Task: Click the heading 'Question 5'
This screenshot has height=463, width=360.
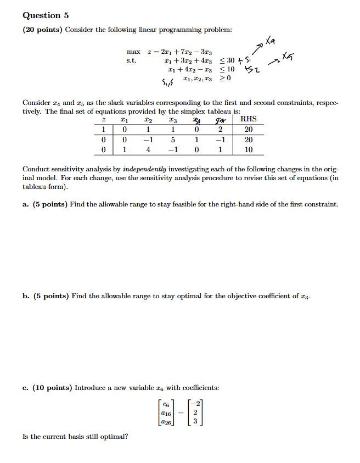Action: click(42, 15)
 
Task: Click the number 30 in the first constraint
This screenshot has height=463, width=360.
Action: click(230, 60)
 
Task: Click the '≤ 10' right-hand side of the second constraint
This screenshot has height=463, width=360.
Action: click(227, 69)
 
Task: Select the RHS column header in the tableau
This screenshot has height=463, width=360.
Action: click(249, 119)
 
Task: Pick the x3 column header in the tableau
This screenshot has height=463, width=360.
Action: click(173, 119)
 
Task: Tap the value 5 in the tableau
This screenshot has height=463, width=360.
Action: click(173, 140)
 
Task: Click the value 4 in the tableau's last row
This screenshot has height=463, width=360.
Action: click(148, 149)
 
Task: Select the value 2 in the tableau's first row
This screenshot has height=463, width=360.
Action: click(220, 130)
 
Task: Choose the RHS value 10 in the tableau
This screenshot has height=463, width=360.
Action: click(249, 149)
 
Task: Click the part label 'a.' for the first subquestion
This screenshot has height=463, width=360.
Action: click(26, 204)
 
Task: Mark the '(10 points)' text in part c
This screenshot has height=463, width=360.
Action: click(53, 387)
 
